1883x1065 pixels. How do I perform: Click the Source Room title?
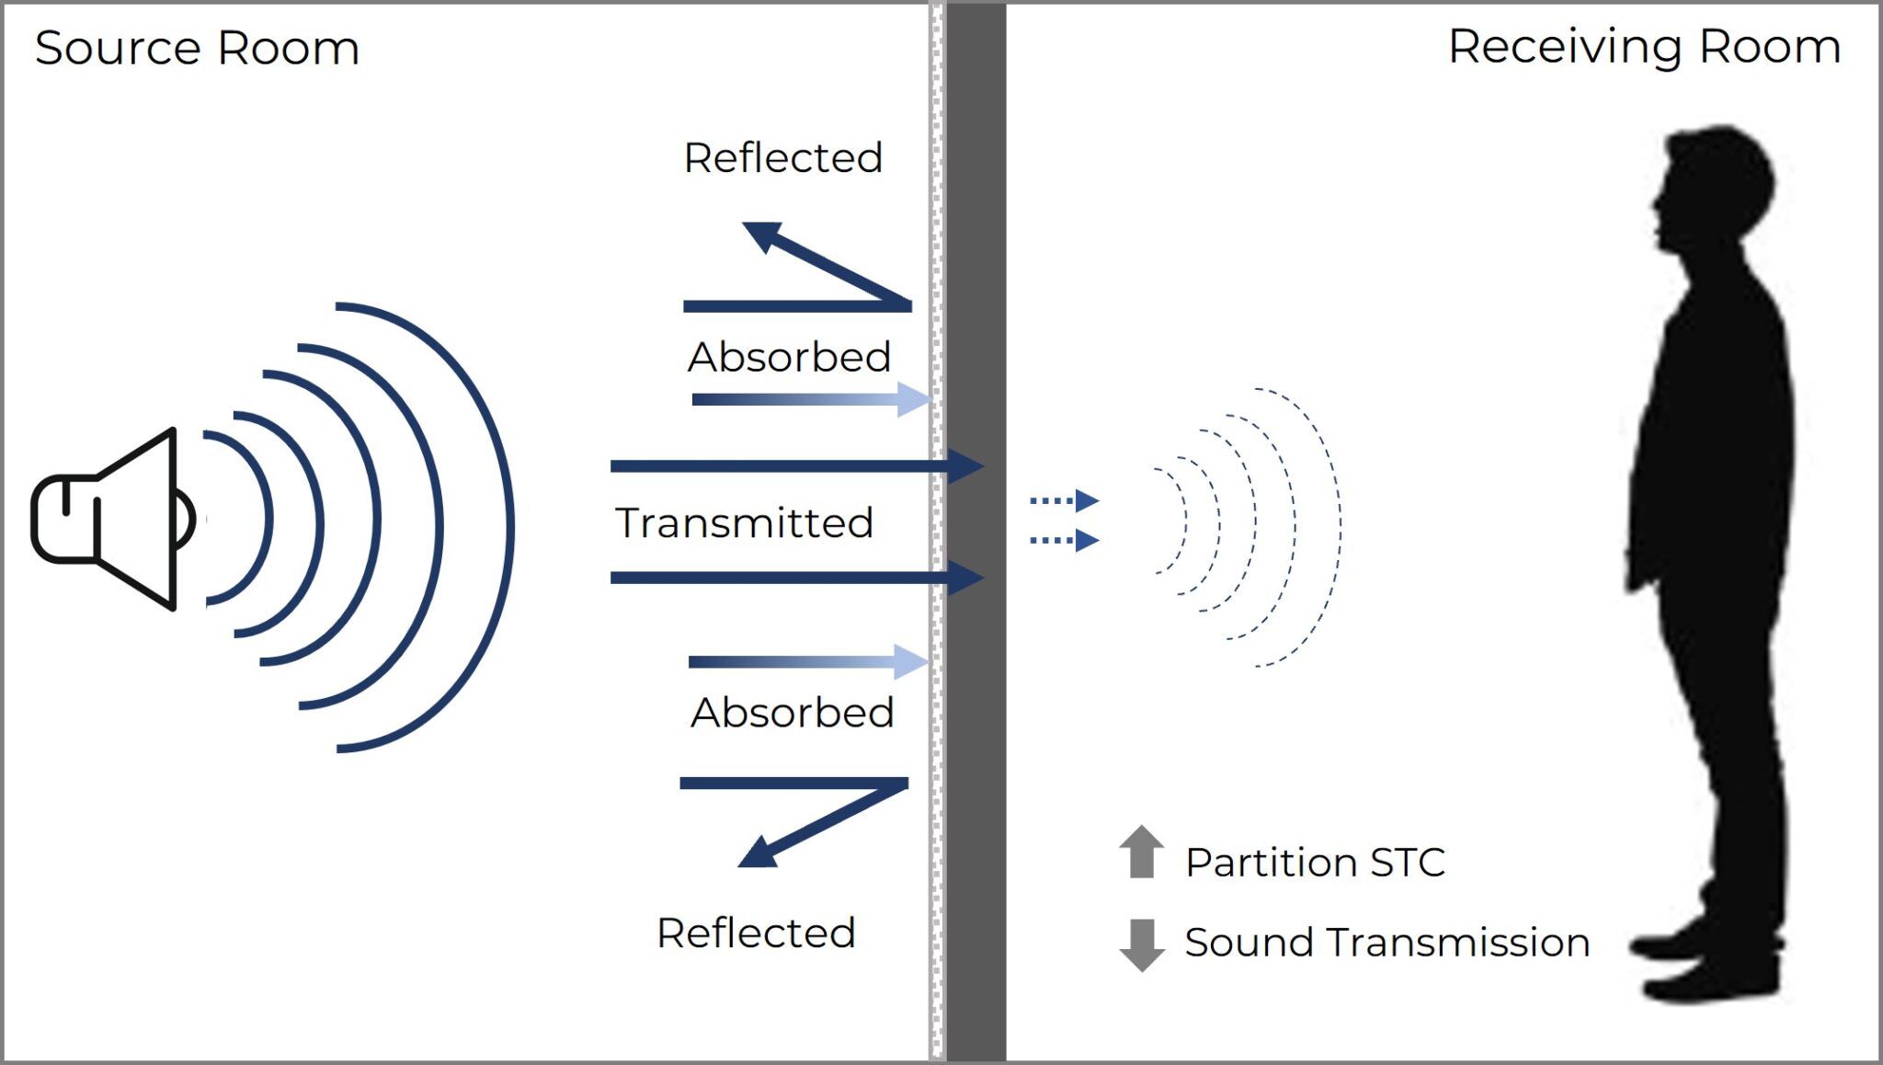(x=197, y=48)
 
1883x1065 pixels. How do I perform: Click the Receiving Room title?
(x=1644, y=46)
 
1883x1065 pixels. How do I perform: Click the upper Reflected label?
(x=783, y=157)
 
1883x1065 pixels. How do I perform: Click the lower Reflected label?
(x=756, y=933)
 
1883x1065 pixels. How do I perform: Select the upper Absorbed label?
(x=789, y=357)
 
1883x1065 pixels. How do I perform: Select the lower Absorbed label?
(x=793, y=712)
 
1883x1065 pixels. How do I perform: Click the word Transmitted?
(x=744, y=522)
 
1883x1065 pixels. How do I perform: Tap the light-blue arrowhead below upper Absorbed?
(x=913, y=400)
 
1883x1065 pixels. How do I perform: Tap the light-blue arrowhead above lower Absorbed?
(x=910, y=662)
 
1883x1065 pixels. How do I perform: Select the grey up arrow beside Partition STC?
(x=1141, y=852)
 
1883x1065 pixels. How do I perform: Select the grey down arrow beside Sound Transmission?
(x=1141, y=945)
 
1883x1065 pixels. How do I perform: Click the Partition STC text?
(x=1315, y=863)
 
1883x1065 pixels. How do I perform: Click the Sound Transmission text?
(x=1387, y=943)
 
